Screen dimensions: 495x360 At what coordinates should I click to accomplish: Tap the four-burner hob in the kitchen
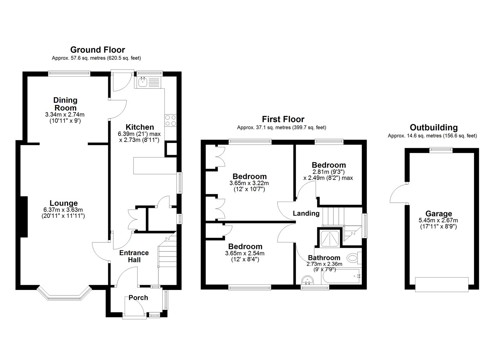coord(170,121)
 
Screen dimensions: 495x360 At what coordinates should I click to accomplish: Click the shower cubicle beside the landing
coord(330,238)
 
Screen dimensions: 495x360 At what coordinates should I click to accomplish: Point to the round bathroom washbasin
coord(307,280)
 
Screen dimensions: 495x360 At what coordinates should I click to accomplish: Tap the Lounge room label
coord(64,203)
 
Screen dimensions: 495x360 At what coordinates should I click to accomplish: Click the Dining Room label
coord(65,104)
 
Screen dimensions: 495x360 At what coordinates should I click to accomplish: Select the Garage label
coord(439,213)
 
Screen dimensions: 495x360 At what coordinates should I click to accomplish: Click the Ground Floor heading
coord(98,50)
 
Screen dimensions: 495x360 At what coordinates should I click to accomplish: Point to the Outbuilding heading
coord(434,127)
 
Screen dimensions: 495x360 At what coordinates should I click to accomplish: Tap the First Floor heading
coord(283,120)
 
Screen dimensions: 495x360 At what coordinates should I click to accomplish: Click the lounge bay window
coord(64,294)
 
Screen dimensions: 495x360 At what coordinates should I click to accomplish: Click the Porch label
coord(138,298)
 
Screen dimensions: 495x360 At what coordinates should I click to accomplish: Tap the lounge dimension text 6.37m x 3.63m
coord(63,210)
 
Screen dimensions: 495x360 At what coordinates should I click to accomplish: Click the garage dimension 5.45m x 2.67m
coord(438,220)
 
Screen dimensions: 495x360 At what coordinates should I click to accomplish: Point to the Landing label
coord(306,213)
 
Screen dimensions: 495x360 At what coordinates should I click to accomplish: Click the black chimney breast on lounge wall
coord(24,217)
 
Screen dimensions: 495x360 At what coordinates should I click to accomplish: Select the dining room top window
coord(69,74)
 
